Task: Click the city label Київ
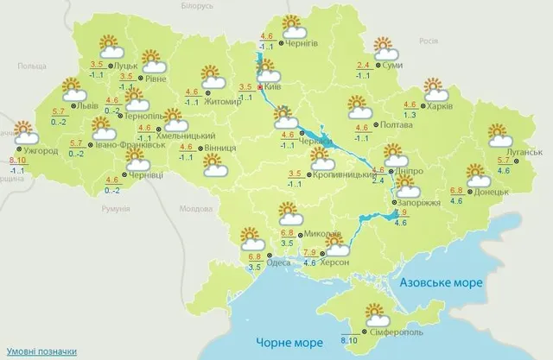coord(276,87)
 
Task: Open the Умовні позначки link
coord(38,351)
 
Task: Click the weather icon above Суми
coord(384,47)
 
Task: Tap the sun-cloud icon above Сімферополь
coord(374,313)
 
